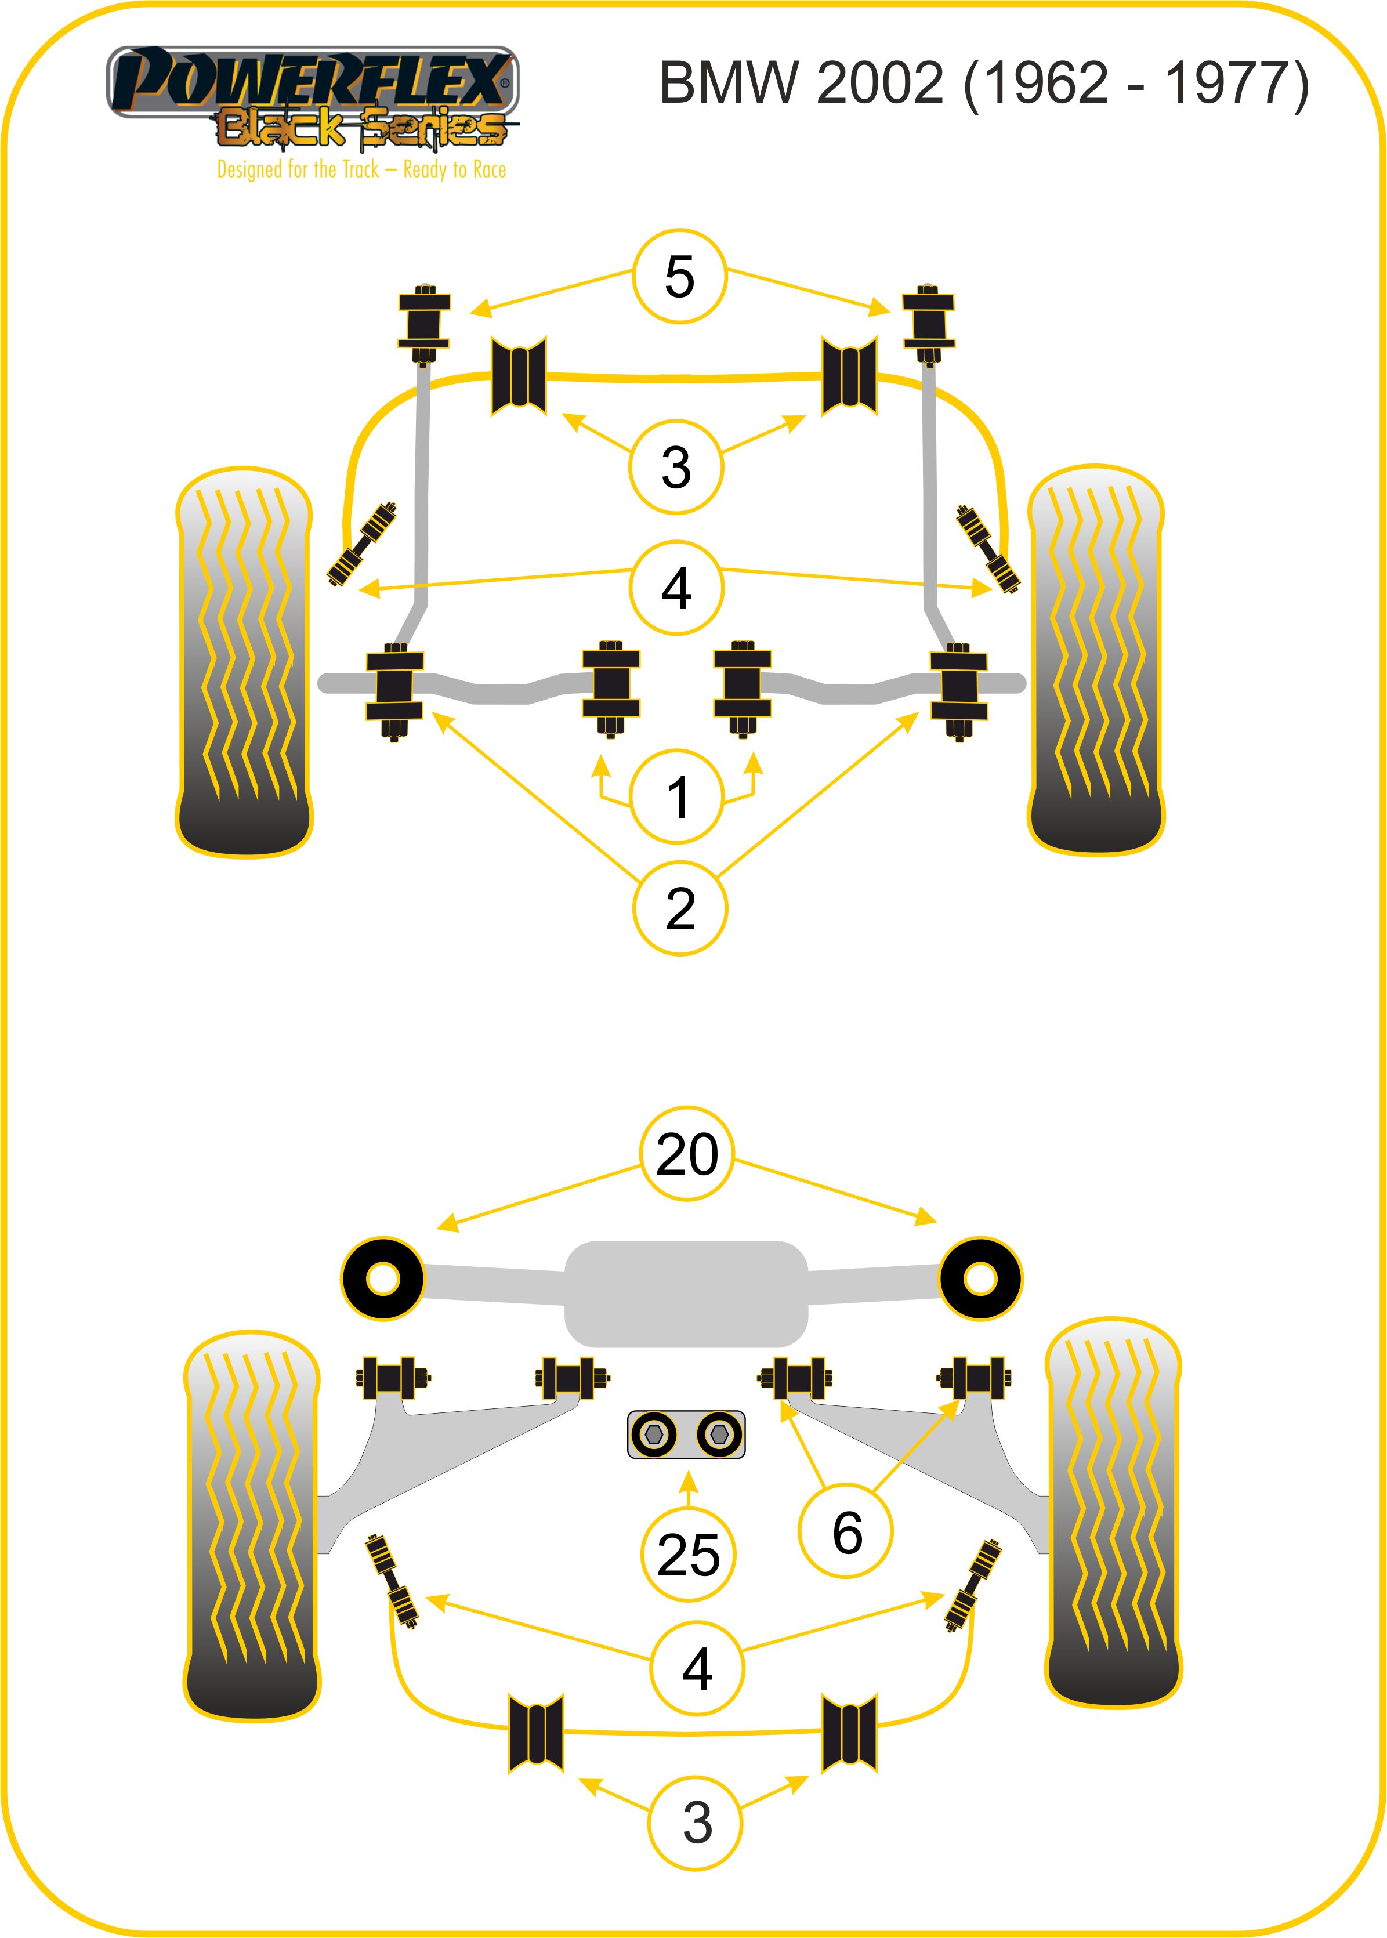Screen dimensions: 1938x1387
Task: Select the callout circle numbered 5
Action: pyautogui.click(x=679, y=276)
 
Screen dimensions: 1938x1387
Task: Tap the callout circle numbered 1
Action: pyautogui.click(x=676, y=796)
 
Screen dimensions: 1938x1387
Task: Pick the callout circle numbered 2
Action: pyautogui.click(x=680, y=907)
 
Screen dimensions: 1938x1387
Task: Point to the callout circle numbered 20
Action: pyautogui.click(x=687, y=1153)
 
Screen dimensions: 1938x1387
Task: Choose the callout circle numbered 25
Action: pyautogui.click(x=687, y=1555)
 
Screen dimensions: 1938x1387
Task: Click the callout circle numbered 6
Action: pyautogui.click(x=846, y=1531)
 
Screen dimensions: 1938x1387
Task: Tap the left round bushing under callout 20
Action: pyautogui.click(x=383, y=1278)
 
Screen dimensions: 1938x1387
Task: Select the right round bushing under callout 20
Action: pyautogui.click(x=980, y=1278)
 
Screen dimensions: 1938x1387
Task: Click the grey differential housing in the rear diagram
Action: pyautogui.click(x=686, y=1293)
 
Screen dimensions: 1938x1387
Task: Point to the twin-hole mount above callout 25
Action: pyautogui.click(x=686, y=1434)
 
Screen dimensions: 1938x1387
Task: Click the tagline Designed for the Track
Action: pyautogui.click(x=361, y=169)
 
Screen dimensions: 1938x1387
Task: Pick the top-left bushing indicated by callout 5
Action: pyautogui.click(x=423, y=325)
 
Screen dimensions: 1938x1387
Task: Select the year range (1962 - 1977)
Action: pyautogui.click(x=1136, y=84)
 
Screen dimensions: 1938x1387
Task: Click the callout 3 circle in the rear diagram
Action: pyautogui.click(x=696, y=1823)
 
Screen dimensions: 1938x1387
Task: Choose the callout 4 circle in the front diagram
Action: pyautogui.click(x=676, y=588)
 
